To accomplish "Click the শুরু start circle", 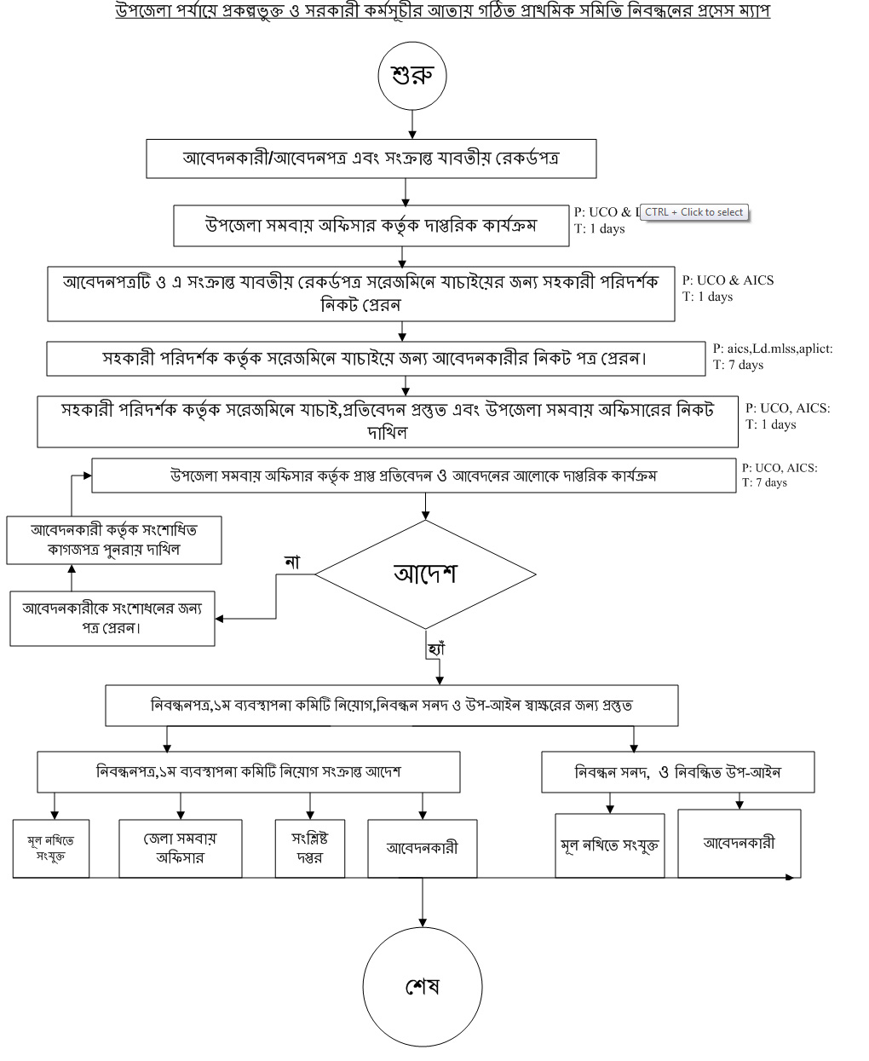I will (412, 75).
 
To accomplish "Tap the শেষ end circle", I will (423, 986).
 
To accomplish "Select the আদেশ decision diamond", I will (425, 574).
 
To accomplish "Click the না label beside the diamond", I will (292, 562).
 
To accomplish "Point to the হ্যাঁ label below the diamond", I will (436, 649).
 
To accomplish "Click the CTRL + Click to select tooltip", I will (693, 212).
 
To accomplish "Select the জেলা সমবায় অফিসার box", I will (180, 848).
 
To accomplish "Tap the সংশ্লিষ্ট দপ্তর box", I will (310, 848).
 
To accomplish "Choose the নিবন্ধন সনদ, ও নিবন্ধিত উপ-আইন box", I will (678, 773).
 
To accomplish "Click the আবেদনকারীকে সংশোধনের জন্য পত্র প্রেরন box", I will (112, 618).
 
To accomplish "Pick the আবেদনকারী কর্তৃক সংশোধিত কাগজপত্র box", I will (114, 539).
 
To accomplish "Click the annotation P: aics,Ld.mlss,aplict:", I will (773, 349).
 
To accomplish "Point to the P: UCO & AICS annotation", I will (728, 280).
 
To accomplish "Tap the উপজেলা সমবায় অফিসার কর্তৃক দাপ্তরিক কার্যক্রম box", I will (371, 226).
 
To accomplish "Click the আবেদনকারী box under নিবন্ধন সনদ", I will (739, 843).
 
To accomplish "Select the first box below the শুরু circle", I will (371, 159).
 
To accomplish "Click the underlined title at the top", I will (442, 12).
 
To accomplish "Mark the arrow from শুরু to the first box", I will (412, 124).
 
